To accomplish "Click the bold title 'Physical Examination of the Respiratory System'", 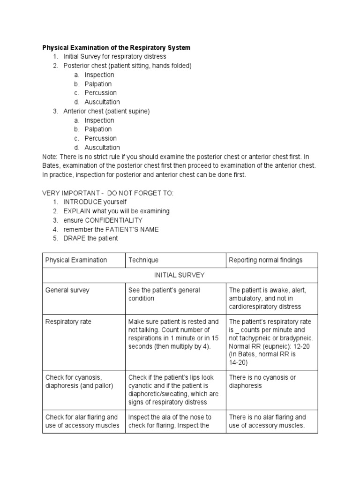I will [116, 48].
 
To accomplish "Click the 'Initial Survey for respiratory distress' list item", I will [115, 57].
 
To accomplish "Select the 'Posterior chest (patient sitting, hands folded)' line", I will [127, 66].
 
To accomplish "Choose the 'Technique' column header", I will [143, 260].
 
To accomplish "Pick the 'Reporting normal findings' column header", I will [265, 260].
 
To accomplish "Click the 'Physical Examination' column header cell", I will [76, 260].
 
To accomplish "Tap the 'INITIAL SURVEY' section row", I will [180, 275].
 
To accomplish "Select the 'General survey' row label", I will [67, 290].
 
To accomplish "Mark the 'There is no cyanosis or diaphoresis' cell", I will [262, 382].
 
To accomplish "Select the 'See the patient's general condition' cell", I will [164, 294].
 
